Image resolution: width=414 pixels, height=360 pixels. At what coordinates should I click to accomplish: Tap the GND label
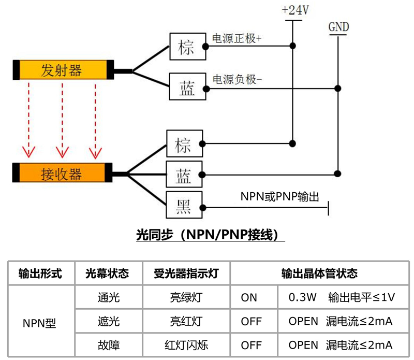tap(338, 27)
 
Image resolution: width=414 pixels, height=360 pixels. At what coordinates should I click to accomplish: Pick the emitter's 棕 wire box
tap(186, 47)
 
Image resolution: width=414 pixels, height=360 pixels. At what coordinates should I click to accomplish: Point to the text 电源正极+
tap(237, 39)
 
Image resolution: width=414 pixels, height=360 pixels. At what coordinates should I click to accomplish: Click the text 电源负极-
tap(237, 79)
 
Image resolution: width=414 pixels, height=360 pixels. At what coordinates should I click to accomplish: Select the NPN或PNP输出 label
tap(279, 197)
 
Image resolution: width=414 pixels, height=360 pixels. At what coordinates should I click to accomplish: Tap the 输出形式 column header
tap(40, 273)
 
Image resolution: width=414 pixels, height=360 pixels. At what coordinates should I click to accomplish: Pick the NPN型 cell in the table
tap(40, 322)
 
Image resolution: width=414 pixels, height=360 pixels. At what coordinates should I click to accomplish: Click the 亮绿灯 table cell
tap(185, 297)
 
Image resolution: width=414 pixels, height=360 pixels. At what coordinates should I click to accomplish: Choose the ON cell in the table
tap(249, 297)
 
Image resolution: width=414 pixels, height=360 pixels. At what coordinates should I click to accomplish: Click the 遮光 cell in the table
tap(108, 321)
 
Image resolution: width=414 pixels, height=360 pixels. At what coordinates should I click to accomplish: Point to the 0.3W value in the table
tap(302, 297)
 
